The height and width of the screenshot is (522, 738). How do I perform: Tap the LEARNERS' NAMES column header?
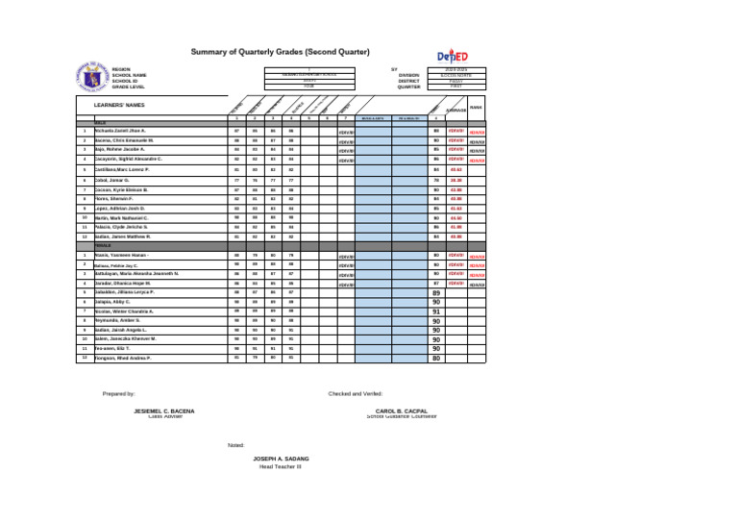point(119,105)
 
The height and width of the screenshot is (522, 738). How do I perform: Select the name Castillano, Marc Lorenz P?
point(122,169)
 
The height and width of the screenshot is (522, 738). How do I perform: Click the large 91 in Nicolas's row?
point(436,312)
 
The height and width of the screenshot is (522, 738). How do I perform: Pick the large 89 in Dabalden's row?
point(436,293)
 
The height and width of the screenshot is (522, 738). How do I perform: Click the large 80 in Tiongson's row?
point(436,359)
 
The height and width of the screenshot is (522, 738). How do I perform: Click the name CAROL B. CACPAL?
point(402,410)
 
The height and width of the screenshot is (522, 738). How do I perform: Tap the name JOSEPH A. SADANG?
point(280,460)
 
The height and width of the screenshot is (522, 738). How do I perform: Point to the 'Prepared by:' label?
point(119,393)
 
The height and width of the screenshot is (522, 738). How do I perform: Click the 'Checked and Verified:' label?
point(356,393)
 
